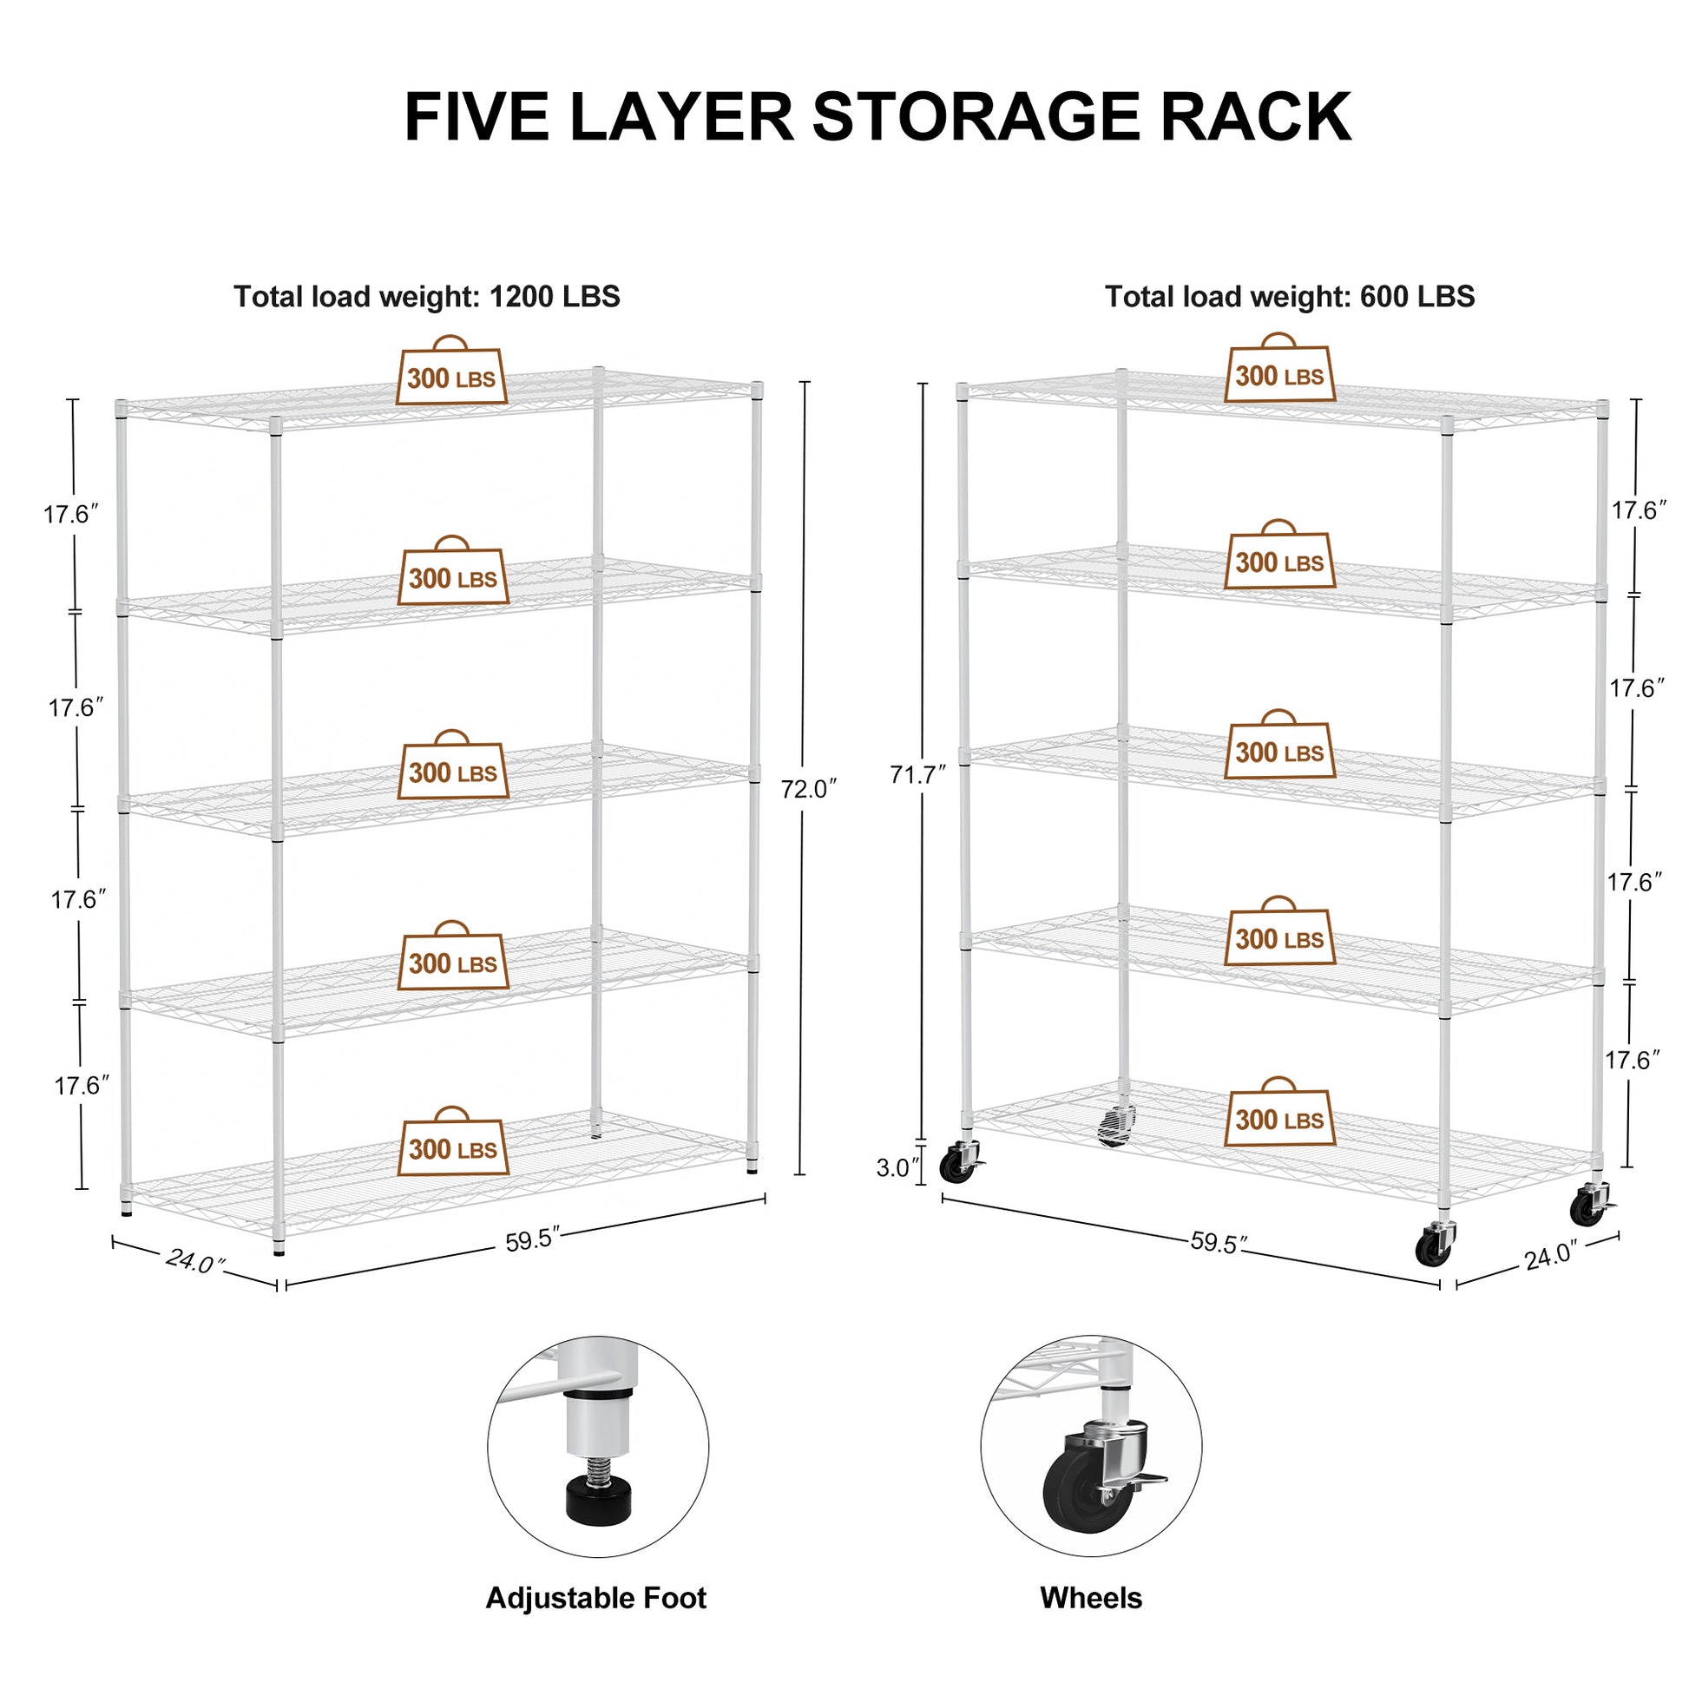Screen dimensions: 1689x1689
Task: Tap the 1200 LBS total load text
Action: (x=555, y=296)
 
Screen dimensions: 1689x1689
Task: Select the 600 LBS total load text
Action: (x=1416, y=296)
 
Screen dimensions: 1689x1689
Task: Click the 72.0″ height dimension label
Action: (x=809, y=789)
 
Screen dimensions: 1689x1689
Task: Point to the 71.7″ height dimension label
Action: (x=918, y=774)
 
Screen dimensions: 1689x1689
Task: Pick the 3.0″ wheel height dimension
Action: (x=897, y=1168)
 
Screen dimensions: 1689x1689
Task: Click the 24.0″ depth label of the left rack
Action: (x=195, y=1260)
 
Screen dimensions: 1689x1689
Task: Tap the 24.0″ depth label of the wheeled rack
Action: (x=1550, y=1256)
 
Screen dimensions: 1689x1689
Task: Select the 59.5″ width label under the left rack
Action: (x=532, y=1240)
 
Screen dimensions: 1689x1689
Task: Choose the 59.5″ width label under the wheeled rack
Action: (x=1219, y=1242)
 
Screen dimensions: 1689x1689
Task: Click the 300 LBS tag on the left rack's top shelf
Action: (x=451, y=378)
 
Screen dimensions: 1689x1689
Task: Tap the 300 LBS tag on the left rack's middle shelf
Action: (x=453, y=772)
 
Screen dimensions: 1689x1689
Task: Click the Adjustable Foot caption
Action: (x=595, y=1597)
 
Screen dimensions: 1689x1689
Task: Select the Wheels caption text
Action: (x=1090, y=1597)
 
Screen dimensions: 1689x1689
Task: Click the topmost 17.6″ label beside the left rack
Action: (x=72, y=514)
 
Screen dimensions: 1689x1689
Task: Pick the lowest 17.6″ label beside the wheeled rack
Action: (x=1632, y=1061)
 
